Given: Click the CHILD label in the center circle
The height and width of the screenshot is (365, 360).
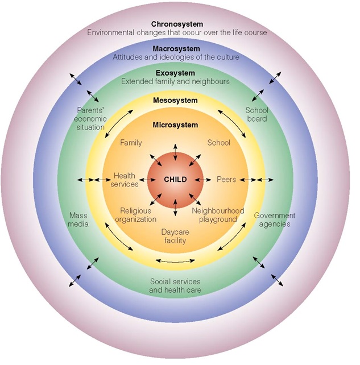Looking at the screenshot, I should click(175, 179).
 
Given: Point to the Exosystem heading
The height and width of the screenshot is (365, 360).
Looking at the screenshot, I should click(175, 73).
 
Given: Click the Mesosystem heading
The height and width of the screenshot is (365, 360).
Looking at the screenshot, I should click(175, 101).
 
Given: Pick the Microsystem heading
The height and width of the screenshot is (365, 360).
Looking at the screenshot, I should click(175, 125).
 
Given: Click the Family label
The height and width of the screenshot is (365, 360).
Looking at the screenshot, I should click(131, 143).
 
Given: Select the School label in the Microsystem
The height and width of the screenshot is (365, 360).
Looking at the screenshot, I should click(218, 143).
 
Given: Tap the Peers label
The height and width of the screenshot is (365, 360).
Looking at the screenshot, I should click(226, 179).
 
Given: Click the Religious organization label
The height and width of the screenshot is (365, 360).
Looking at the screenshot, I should click(136, 215).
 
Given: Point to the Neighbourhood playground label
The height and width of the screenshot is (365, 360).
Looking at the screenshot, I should click(218, 215).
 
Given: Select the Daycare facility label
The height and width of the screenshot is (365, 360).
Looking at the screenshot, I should click(175, 237).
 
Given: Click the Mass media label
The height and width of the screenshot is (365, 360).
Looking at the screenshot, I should click(78, 219).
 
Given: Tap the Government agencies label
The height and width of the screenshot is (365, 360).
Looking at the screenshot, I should click(274, 219).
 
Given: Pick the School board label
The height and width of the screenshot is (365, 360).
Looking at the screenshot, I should click(256, 114).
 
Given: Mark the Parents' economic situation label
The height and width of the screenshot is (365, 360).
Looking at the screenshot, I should click(91, 119).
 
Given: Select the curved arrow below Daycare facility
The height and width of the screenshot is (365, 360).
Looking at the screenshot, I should click(175, 261).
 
